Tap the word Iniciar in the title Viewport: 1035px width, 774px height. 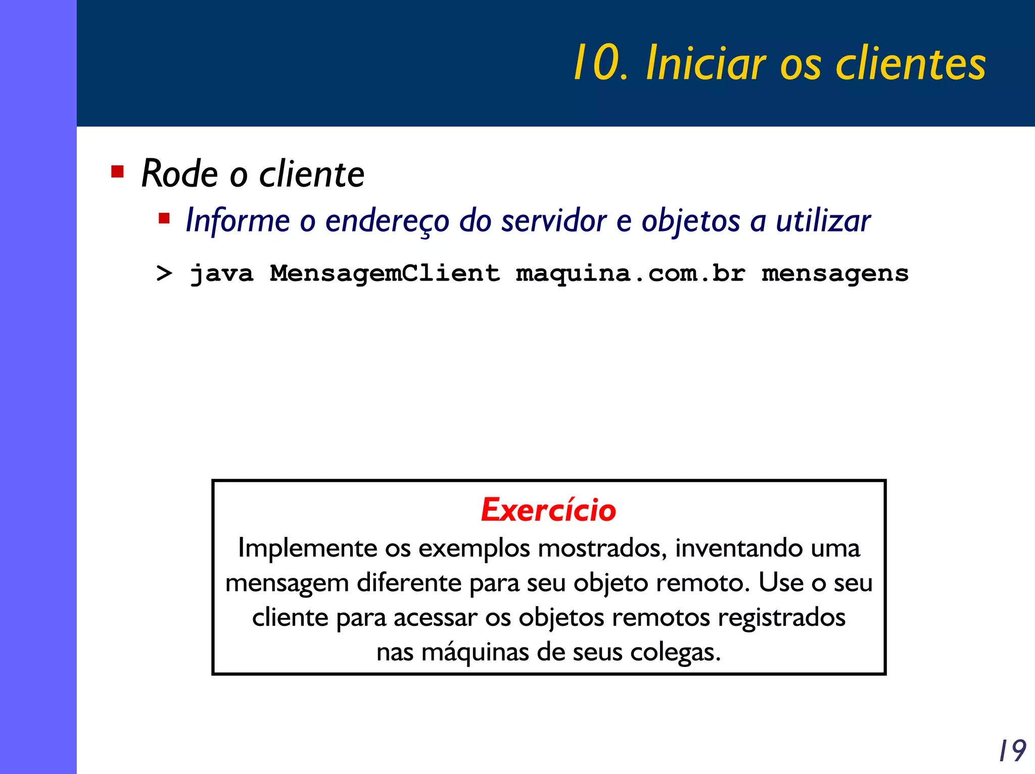[x=706, y=63]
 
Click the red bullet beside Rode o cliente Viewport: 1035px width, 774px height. [x=117, y=172]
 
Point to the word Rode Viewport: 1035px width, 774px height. [x=179, y=174]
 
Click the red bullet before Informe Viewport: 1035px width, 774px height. [x=164, y=219]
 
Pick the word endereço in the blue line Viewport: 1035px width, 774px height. [x=387, y=221]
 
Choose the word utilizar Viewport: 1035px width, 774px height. [x=823, y=221]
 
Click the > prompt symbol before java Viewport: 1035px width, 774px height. [x=164, y=274]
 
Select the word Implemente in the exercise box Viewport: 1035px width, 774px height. [x=308, y=548]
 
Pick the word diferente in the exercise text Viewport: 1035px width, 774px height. [x=410, y=582]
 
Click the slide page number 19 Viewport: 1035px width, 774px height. [x=1012, y=751]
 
